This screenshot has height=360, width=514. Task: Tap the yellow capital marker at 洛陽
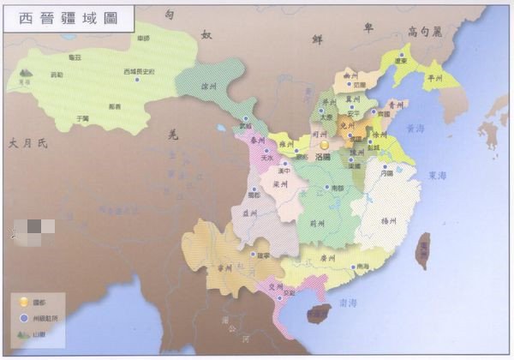[x=325, y=146]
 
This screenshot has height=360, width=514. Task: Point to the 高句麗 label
[x=426, y=32]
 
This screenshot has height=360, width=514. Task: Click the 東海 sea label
[x=437, y=175]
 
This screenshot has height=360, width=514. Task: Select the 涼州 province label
[x=208, y=86]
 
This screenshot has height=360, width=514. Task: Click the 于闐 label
[x=82, y=117]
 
